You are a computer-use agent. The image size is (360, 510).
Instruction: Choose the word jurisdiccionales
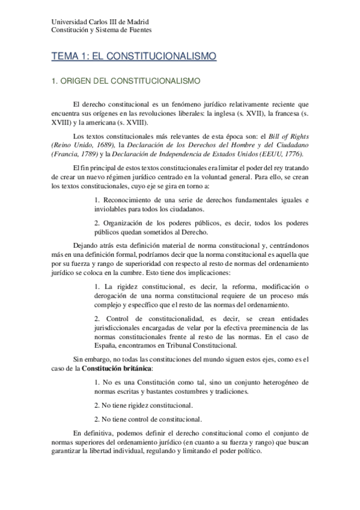coord(127,328)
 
